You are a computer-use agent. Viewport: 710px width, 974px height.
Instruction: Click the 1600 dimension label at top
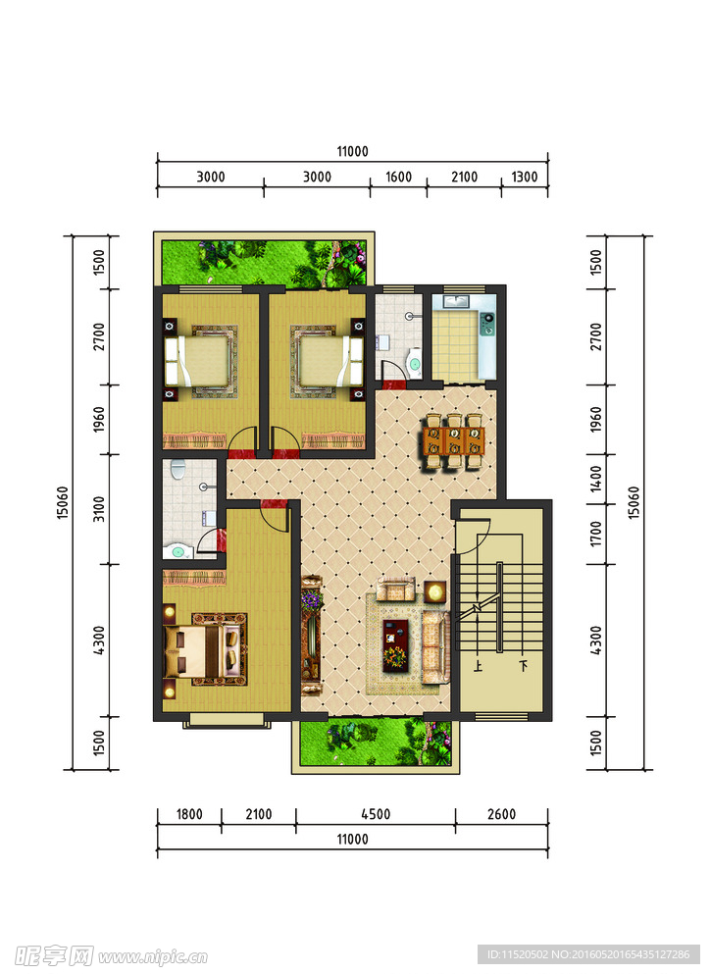(x=398, y=177)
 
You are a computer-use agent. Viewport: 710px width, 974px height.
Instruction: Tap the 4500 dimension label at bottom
(x=376, y=814)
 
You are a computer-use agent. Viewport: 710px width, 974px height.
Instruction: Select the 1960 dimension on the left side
(x=99, y=420)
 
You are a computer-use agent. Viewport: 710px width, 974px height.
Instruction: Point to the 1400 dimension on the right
(x=595, y=479)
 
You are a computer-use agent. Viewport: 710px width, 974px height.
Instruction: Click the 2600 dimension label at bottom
(x=501, y=814)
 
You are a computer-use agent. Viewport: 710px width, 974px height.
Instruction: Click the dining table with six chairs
(x=454, y=440)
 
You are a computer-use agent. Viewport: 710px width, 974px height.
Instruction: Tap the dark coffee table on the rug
(x=395, y=644)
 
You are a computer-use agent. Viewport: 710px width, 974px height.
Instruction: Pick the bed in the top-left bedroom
(x=201, y=360)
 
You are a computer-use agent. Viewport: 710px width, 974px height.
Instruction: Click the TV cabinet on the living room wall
(x=311, y=636)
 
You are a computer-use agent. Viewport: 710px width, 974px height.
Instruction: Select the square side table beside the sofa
(x=435, y=591)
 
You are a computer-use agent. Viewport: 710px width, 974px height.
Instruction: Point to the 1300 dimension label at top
(x=525, y=177)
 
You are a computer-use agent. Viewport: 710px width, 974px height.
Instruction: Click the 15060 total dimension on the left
(x=62, y=502)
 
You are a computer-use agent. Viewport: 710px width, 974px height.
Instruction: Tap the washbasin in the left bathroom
(x=177, y=551)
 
